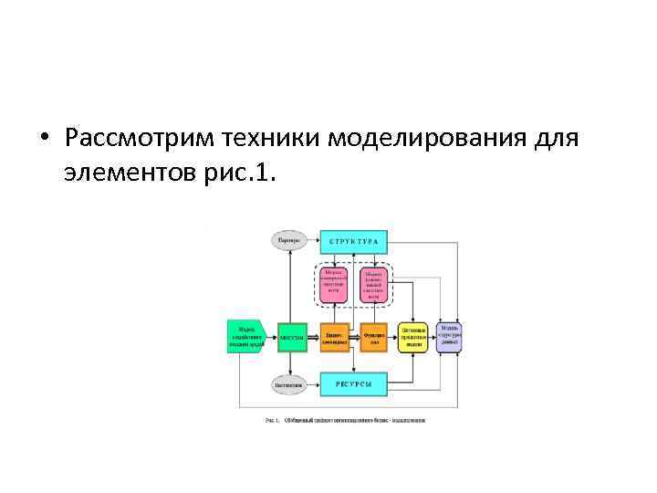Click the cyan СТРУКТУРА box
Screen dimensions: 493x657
[x=355, y=241]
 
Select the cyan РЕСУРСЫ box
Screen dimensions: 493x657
[x=355, y=384]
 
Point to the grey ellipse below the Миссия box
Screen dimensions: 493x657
[x=289, y=384]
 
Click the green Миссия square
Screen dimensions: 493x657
[x=292, y=337]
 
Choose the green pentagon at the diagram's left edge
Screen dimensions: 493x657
[x=245, y=336]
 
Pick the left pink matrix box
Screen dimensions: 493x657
[x=334, y=285]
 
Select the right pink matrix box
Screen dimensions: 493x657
[x=373, y=285]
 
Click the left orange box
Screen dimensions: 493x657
[x=334, y=336]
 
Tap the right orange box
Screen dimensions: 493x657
[x=373, y=336]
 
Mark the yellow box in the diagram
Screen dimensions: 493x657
[x=413, y=336]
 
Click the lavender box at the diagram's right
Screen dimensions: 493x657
[x=451, y=335]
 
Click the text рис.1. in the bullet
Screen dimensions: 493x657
[x=241, y=172]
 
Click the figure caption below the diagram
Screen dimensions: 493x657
[x=345, y=420]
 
